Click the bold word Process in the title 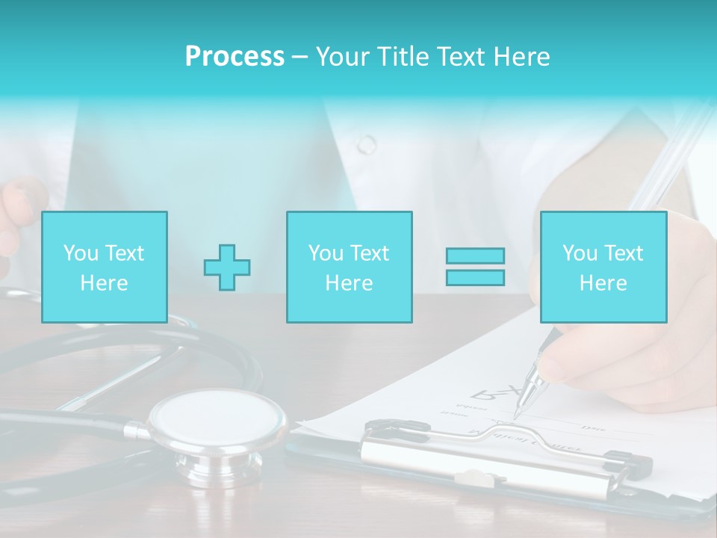(235, 57)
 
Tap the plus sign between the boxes (227, 268)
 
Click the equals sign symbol (475, 267)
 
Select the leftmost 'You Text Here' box (105, 268)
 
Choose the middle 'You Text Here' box (350, 268)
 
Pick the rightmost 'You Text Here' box (603, 268)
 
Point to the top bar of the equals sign (475, 256)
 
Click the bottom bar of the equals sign (475, 277)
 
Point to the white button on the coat (367, 144)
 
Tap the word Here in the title (521, 57)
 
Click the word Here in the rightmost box (603, 283)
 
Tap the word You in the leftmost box (81, 253)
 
